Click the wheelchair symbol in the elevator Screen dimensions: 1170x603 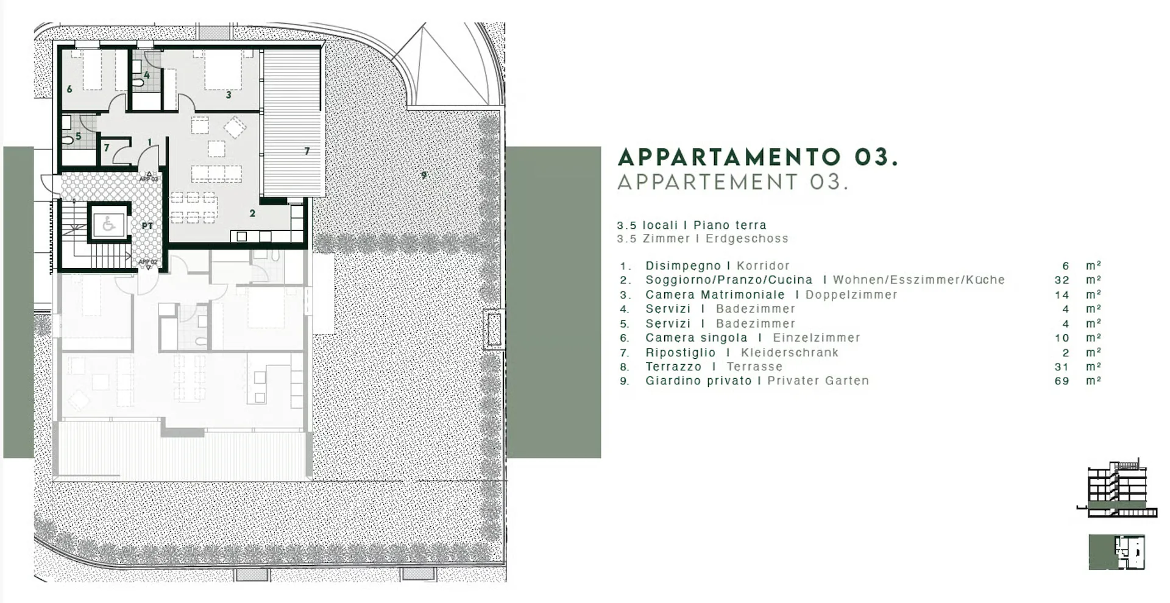coord(108,224)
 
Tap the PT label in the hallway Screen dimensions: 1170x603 coord(147,226)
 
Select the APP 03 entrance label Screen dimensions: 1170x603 coord(149,179)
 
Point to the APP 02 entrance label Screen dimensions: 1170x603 coord(148,262)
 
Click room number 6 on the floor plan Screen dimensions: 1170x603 coord(69,90)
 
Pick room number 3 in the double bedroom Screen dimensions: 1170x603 coord(229,95)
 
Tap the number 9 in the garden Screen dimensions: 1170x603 coord(424,175)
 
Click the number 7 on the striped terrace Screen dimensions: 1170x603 coord(307,151)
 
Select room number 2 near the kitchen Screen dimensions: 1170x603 coord(252,213)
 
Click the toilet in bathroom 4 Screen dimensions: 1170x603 coord(139,80)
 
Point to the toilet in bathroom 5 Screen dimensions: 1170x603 coord(67,140)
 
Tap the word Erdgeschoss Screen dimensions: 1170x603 coord(747,239)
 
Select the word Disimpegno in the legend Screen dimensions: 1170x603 coord(683,266)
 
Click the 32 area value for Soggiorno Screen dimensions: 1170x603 coord(1062,280)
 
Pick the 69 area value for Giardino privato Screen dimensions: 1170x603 coord(1062,381)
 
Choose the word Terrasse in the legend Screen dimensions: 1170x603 coord(754,367)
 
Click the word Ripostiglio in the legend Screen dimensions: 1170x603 coord(681,352)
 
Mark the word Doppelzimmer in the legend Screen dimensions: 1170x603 coord(851,295)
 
